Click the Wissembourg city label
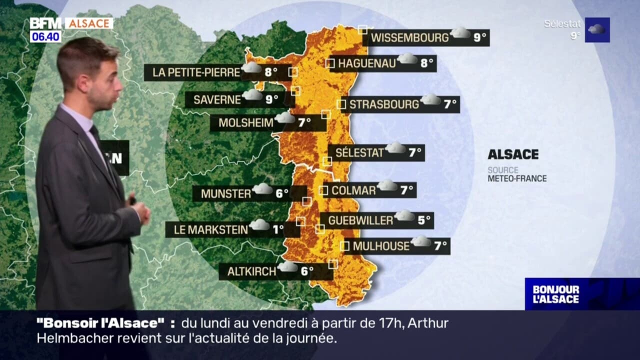[x=409, y=37]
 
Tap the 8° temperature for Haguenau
[x=426, y=63]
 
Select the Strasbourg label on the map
[x=383, y=104]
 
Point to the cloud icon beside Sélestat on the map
[x=396, y=148]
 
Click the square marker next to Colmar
[x=323, y=190]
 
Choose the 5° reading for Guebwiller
[x=424, y=220]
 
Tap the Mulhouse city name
[x=381, y=246]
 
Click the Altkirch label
[x=251, y=271]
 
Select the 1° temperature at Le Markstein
[x=278, y=229]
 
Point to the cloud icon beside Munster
[x=262, y=189]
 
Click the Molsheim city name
[x=246, y=122]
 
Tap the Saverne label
[x=217, y=99]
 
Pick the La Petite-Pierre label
[x=196, y=72]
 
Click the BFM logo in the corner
[x=45, y=23]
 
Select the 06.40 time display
[x=45, y=36]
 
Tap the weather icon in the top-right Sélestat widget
[x=597, y=29]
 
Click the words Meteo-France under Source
[x=517, y=178]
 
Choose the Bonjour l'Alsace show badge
[x=556, y=294]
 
